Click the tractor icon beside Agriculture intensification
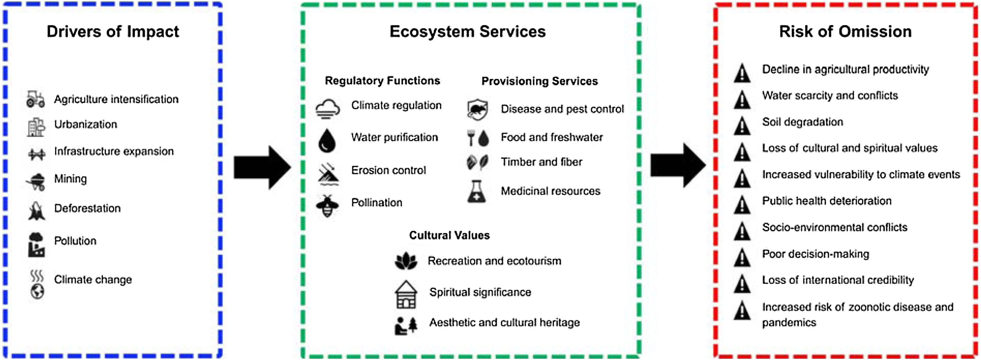[x=36, y=99]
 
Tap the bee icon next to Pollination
[x=327, y=206]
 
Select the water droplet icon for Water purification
[x=327, y=140]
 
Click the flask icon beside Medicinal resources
[x=477, y=191]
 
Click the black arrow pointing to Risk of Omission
[x=678, y=165]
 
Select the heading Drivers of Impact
[x=113, y=32]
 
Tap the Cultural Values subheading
[x=449, y=235]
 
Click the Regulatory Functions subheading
[x=382, y=81]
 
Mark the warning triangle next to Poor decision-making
[x=742, y=257]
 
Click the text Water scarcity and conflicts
[x=830, y=95]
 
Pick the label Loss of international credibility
[x=838, y=280]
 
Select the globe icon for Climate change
[x=37, y=292]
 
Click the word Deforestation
[x=87, y=208]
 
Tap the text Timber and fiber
[x=541, y=162]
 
